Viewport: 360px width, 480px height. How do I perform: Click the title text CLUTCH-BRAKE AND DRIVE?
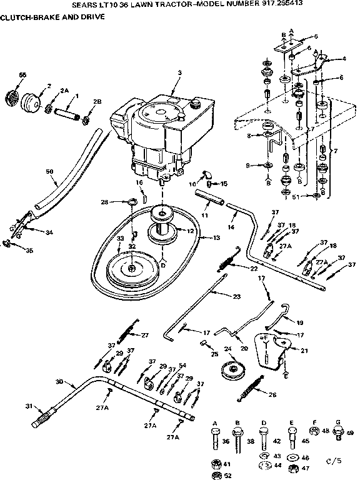(x=48, y=17)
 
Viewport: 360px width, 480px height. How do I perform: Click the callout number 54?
(x=182, y=364)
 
